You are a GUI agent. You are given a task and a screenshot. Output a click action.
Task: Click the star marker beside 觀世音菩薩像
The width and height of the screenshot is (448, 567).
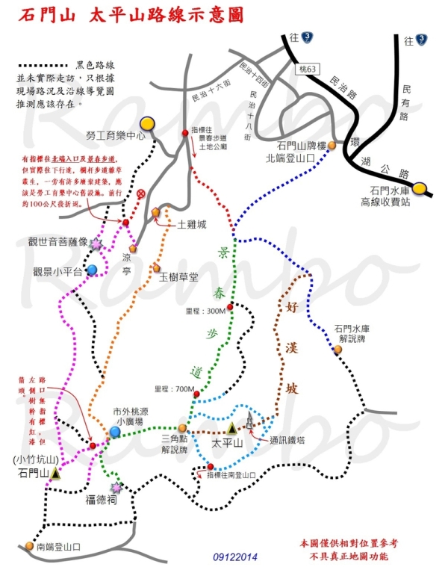[x=96, y=244]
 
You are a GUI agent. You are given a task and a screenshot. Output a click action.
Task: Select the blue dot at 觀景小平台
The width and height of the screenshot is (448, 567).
[x=91, y=270]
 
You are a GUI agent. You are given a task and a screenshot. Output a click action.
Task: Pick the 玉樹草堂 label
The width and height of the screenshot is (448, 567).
[x=178, y=276]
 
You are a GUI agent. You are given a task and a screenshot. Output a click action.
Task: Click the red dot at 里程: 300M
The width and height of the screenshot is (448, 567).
[x=231, y=306]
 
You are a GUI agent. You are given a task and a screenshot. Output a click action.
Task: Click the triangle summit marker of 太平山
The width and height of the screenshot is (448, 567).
[x=231, y=428]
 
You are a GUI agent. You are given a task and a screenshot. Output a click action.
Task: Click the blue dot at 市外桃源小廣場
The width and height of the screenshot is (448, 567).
[x=115, y=432]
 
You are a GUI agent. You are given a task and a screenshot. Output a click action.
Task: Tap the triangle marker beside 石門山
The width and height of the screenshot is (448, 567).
[x=56, y=473]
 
